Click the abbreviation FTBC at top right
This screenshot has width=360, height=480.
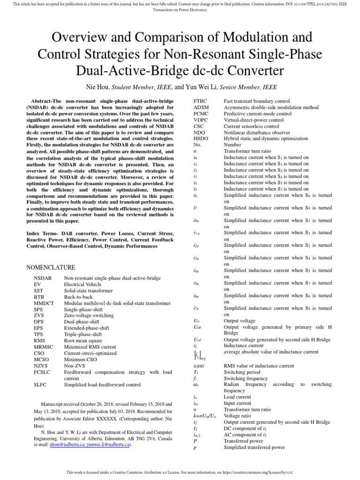pyautogui.click(x=201, y=101)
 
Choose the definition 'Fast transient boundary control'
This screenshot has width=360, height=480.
pyautogui.click(x=256, y=101)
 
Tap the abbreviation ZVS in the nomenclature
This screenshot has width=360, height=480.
pyautogui.click(x=39, y=316)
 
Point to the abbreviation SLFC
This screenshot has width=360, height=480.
pyautogui.click(x=40, y=384)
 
